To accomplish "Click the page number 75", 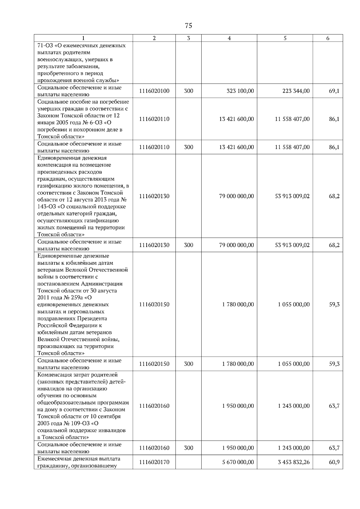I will [x=188, y=26].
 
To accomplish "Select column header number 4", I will [x=229, y=38].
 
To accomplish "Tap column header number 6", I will [x=328, y=38].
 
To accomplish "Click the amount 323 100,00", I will [x=240, y=91].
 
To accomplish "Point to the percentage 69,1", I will [x=334, y=91].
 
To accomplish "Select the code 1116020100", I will [x=154, y=91].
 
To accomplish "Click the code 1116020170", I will [x=154, y=462].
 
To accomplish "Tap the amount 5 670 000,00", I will [x=238, y=462].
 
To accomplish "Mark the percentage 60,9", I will [x=334, y=462].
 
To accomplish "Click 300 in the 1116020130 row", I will [x=188, y=245].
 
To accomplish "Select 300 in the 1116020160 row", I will [x=188, y=448].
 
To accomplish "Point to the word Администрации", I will [x=102, y=284].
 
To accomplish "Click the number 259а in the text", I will [x=77, y=298].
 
